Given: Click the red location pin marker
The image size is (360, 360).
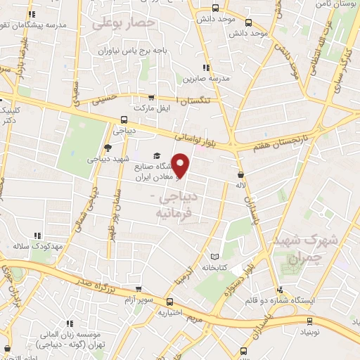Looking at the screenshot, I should tap(181, 166).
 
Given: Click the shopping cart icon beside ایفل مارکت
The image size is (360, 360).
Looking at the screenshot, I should tap(151, 98).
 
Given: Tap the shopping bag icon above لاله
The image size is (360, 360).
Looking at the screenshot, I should tap(242, 174).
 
